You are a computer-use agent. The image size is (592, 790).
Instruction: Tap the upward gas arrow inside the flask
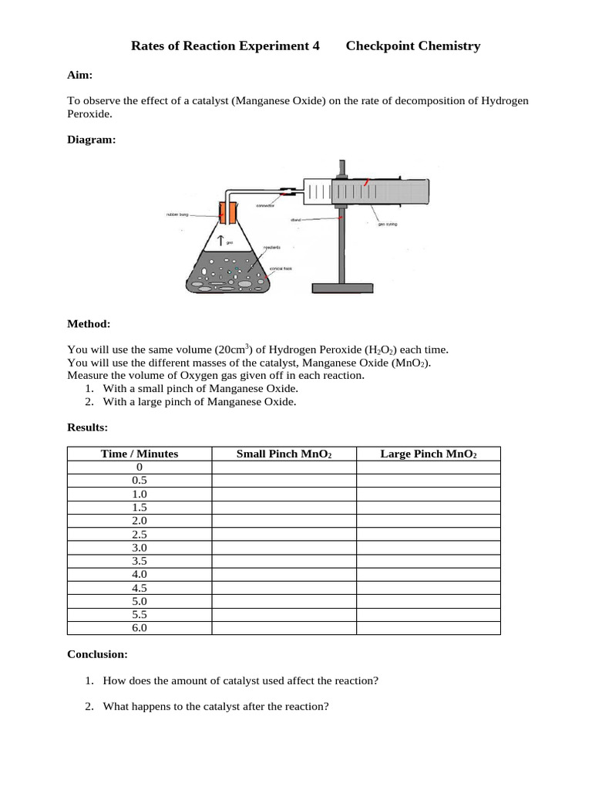click(x=220, y=241)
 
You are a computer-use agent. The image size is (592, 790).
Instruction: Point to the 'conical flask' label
click(x=281, y=269)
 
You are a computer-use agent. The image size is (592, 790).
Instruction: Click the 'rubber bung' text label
click(x=177, y=214)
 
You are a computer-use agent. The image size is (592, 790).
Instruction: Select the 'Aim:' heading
click(x=80, y=75)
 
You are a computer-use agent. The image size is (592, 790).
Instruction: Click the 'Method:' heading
click(x=89, y=323)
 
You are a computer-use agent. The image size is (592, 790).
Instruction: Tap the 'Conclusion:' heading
click(x=97, y=654)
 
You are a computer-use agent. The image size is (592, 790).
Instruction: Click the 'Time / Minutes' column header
click(x=140, y=454)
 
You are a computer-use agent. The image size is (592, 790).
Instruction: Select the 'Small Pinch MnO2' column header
click(x=284, y=454)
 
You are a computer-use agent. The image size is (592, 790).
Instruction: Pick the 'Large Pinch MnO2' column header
click(x=429, y=454)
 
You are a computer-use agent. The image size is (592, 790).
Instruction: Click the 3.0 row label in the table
click(x=140, y=547)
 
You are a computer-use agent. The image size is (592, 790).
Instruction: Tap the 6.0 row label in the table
click(x=140, y=628)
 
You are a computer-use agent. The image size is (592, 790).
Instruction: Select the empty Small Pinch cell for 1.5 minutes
click(x=284, y=507)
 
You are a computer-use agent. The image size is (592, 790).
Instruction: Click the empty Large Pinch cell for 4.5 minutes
click(x=429, y=588)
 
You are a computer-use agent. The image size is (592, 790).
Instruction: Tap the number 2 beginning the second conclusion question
click(x=89, y=706)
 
